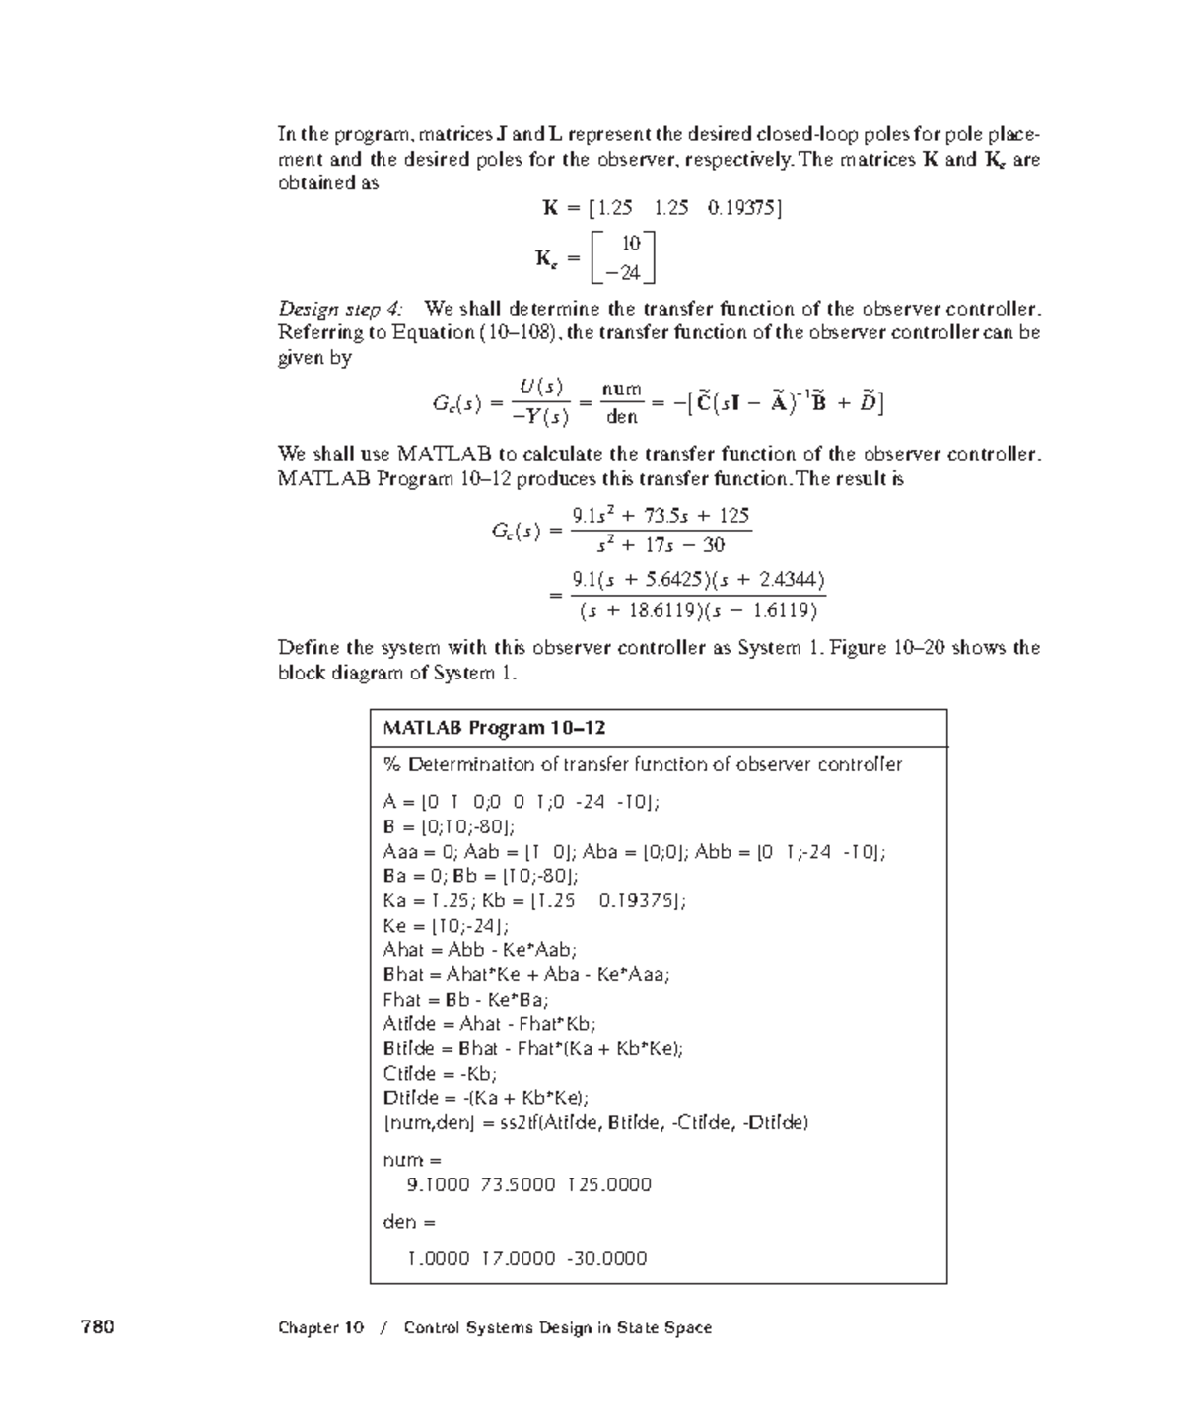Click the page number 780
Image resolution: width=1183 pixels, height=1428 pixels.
(98, 1327)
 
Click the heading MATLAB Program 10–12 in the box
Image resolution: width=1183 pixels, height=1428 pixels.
(493, 728)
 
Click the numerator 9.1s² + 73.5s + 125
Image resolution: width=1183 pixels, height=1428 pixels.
(661, 515)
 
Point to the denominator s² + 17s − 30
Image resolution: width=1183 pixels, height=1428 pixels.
(661, 544)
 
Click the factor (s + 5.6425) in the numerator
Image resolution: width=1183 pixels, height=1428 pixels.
(640, 579)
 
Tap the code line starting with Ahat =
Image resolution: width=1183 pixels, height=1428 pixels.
(479, 950)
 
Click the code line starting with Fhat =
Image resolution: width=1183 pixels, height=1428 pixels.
(465, 999)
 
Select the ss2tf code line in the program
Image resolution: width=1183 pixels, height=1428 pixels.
(595, 1122)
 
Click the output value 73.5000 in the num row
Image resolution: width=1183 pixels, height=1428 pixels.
(518, 1184)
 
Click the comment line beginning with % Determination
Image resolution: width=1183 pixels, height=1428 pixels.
(642, 764)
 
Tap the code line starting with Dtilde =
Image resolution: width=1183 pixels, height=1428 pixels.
(486, 1098)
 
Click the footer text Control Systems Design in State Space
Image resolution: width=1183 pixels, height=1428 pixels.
(558, 1327)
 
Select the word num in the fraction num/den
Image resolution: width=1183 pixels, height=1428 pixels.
(622, 390)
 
